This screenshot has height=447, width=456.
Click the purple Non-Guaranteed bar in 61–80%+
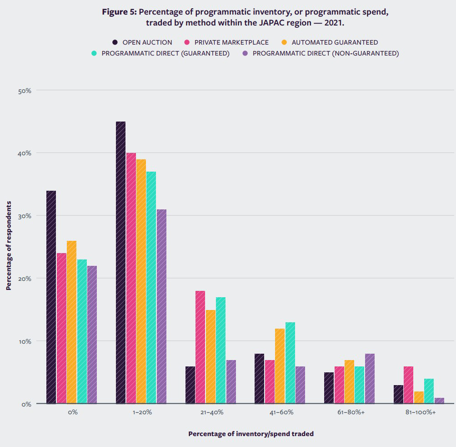[x=370, y=378]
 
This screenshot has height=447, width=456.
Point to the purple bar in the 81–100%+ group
[x=439, y=401]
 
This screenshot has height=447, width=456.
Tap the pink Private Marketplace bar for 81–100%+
[x=408, y=385]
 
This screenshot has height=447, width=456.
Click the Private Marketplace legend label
[x=231, y=42]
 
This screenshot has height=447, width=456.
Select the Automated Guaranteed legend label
[x=335, y=42]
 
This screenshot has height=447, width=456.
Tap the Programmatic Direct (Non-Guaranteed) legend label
[x=326, y=53]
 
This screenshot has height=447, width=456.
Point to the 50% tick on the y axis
[x=25, y=91]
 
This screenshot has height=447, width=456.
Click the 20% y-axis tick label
[x=25, y=279]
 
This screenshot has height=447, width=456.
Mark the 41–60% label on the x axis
[x=280, y=412]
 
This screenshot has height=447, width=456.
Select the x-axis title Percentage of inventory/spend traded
[x=251, y=434]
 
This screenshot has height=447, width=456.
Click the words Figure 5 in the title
[x=119, y=12]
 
